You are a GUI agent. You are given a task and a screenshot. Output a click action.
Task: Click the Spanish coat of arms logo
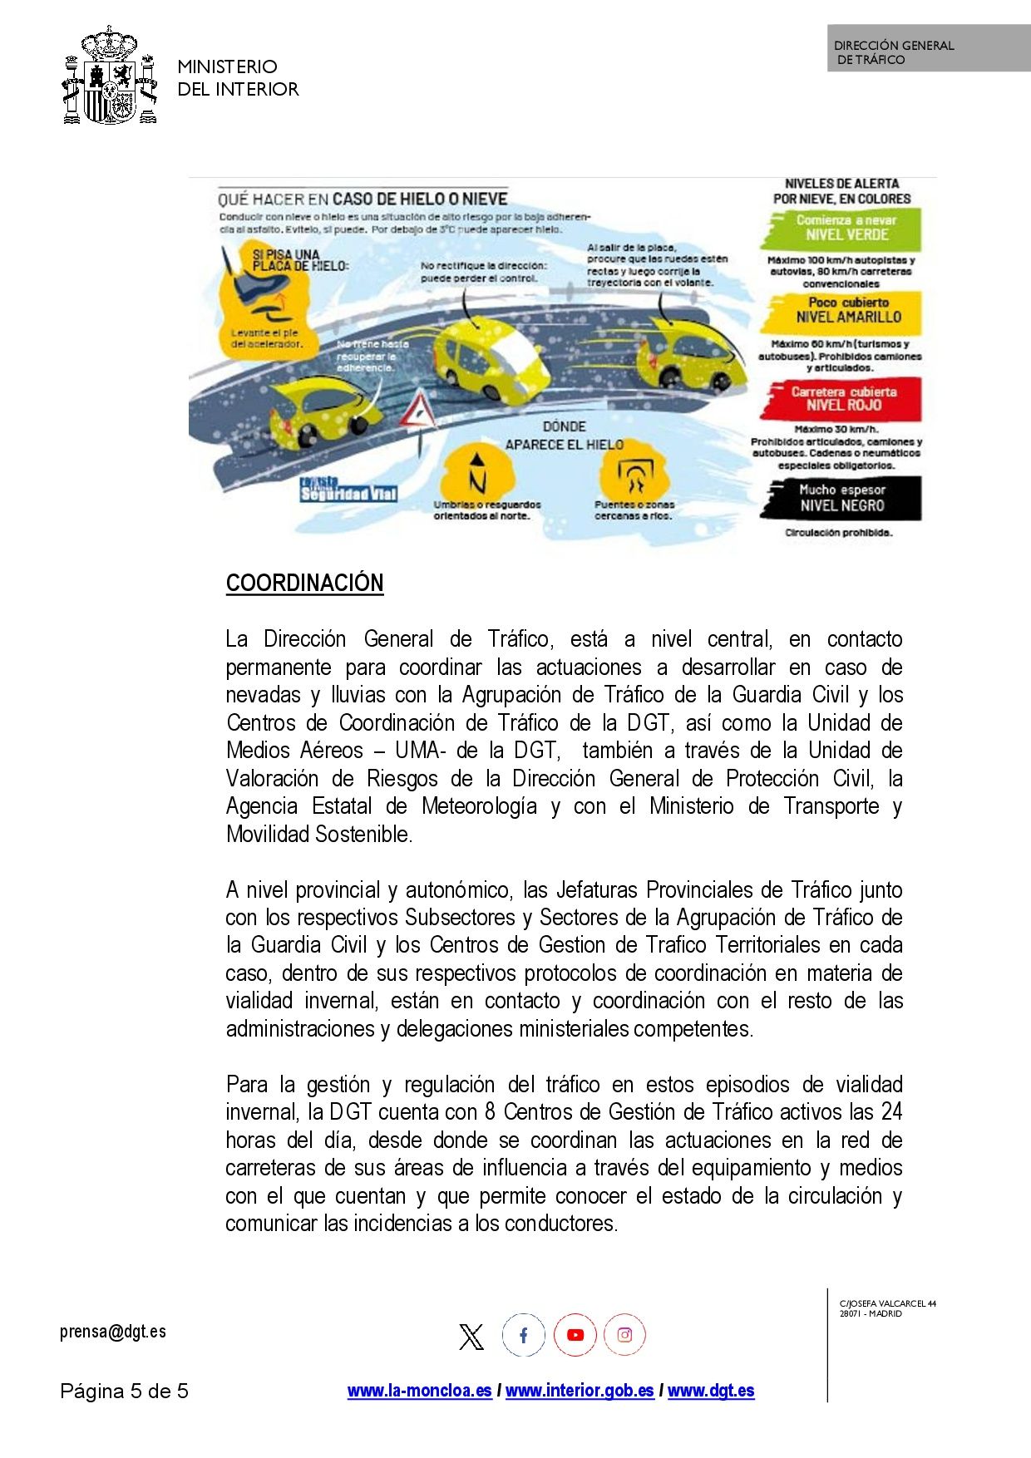click(x=110, y=76)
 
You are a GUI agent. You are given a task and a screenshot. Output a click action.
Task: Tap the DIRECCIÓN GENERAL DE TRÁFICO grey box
click(x=928, y=49)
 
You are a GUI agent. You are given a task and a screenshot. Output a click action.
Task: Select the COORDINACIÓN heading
click(x=304, y=584)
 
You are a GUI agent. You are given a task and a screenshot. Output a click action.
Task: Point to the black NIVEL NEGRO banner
click(x=841, y=498)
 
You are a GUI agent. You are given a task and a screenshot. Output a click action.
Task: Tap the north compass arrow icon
click(x=476, y=474)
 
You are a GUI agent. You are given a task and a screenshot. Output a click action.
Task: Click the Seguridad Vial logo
click(x=348, y=490)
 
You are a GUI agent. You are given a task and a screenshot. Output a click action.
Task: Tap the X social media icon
click(x=471, y=1337)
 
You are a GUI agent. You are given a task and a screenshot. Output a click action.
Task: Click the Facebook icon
click(x=523, y=1336)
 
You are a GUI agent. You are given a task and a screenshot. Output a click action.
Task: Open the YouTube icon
click(x=575, y=1336)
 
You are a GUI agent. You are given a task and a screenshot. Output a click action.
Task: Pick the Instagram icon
click(x=624, y=1336)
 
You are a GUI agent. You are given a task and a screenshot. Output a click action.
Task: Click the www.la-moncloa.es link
click(x=419, y=1391)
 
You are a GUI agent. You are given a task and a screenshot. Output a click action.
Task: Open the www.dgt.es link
click(x=711, y=1391)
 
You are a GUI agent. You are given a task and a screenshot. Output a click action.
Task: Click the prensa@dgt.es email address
click(x=113, y=1332)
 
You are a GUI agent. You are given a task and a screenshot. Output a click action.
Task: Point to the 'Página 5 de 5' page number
click(x=124, y=1392)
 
